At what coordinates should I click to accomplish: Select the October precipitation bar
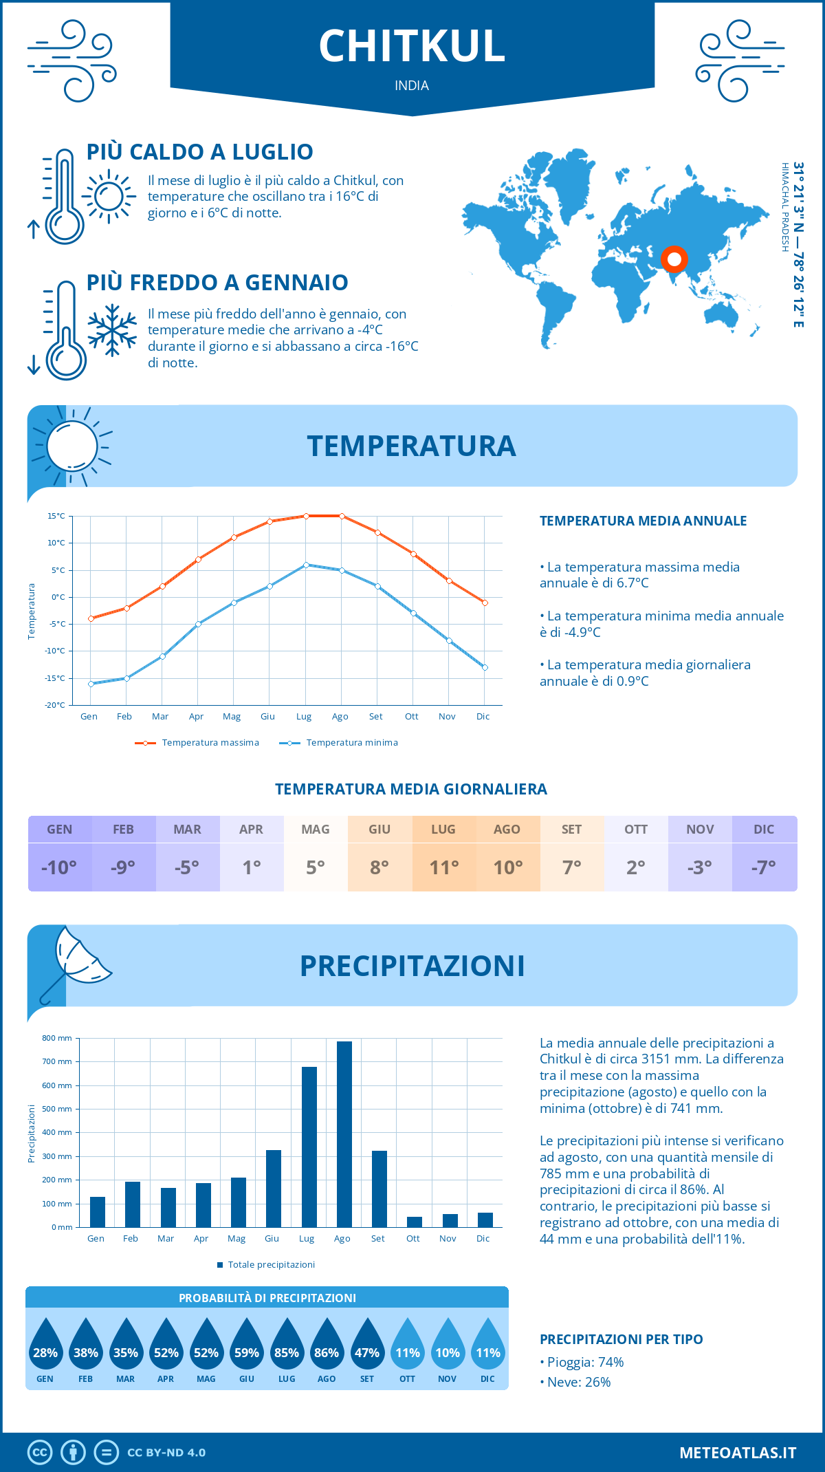click(414, 1222)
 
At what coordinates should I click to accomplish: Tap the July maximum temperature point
click(306, 516)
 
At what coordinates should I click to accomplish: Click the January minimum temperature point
click(91, 684)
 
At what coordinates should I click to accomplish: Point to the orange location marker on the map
click(674, 259)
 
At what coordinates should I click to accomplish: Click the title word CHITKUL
click(412, 47)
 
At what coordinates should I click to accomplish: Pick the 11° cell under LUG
click(443, 867)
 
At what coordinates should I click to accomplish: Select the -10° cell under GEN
click(59, 867)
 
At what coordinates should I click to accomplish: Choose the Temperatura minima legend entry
click(339, 743)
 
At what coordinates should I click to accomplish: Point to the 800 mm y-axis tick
click(58, 1038)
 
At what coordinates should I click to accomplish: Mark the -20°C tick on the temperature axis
click(56, 705)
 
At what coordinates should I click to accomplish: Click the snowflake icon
click(112, 330)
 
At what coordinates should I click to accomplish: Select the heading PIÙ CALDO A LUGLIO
click(199, 152)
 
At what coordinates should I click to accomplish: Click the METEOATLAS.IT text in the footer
click(737, 1453)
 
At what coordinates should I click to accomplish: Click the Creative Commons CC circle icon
click(40, 1453)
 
